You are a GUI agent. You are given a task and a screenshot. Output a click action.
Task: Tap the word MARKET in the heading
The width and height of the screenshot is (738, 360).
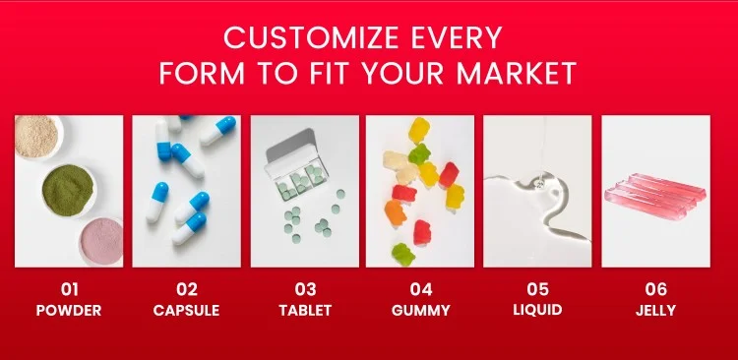[517, 73]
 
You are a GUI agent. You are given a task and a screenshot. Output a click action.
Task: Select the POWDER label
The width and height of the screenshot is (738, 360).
[69, 311]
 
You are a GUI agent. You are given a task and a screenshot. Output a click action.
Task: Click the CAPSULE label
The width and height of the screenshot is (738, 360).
[186, 311]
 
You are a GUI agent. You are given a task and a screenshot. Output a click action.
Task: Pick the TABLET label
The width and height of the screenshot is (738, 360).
[305, 311]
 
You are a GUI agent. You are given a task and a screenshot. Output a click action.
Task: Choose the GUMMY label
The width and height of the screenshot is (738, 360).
[421, 311]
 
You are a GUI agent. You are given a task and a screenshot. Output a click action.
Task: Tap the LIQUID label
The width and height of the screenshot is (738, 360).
[537, 310]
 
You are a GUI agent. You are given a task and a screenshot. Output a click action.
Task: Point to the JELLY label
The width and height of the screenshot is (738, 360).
[655, 311]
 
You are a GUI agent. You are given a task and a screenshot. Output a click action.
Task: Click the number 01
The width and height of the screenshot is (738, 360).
[69, 289]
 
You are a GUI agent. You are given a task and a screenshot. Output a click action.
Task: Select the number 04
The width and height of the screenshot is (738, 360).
[421, 289]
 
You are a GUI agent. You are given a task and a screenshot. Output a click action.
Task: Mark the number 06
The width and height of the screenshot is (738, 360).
[655, 289]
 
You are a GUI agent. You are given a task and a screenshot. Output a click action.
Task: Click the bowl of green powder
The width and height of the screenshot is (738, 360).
[68, 191]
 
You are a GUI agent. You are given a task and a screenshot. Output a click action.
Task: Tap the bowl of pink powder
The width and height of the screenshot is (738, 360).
[101, 242]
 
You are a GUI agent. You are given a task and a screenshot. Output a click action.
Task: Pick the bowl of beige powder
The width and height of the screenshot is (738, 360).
[37, 137]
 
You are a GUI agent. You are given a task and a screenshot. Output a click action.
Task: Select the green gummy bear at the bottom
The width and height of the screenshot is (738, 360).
[403, 254]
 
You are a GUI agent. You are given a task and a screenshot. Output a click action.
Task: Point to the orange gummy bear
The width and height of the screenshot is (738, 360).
[395, 213]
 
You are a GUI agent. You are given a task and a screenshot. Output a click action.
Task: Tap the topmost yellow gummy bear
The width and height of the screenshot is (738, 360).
[419, 131]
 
